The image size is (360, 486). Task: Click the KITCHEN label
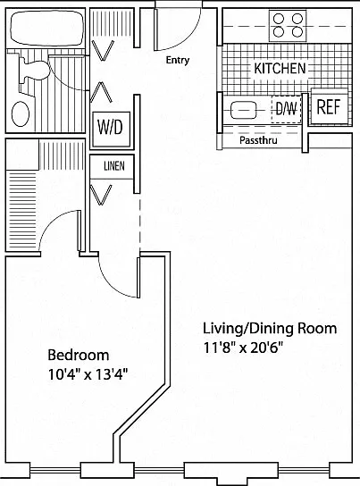tap(280, 68)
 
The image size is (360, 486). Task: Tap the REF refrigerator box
tap(329, 106)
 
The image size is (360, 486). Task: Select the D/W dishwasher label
tap(286, 109)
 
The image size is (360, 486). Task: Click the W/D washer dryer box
tap(112, 129)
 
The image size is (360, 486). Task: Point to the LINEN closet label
tap(114, 166)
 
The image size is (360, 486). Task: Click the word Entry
tap(178, 60)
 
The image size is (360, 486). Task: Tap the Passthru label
tap(258, 140)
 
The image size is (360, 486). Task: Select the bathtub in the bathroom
tap(47, 28)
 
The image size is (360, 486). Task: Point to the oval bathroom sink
tap(21, 113)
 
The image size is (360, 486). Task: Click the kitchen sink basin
tap(244, 110)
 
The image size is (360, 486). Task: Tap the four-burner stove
tap(288, 25)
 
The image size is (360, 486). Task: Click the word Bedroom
tap(79, 355)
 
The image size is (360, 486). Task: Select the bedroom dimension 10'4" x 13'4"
tap(88, 374)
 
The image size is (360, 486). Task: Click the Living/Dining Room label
tap(270, 329)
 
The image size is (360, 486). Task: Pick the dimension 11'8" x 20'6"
tap(244, 348)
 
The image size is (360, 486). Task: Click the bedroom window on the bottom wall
tap(55, 471)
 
